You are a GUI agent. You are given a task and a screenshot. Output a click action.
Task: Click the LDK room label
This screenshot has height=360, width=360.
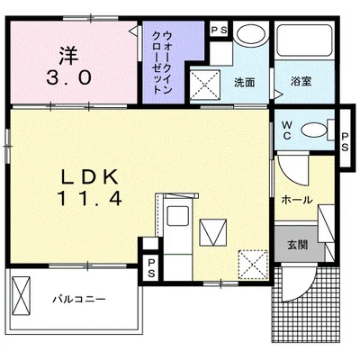(x=89, y=177)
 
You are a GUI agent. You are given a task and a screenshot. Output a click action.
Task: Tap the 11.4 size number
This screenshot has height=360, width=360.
(x=91, y=198)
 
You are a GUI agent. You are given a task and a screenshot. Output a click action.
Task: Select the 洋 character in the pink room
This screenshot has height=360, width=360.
(x=68, y=56)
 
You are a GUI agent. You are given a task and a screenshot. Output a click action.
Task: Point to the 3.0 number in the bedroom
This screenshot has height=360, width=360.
(x=68, y=78)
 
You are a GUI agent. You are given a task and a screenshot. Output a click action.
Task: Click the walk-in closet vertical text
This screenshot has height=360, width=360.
(x=163, y=62)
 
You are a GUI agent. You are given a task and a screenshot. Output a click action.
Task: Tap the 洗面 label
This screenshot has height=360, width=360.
(x=245, y=83)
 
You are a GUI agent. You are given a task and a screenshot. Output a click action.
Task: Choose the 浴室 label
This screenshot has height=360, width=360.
(x=301, y=81)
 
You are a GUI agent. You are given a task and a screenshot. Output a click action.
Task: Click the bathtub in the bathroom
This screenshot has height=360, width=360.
(x=304, y=40)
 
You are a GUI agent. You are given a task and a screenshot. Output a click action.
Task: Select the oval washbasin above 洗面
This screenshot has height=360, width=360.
(x=251, y=34)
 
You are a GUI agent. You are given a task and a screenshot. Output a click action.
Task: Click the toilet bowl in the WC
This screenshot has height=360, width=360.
(x=314, y=130)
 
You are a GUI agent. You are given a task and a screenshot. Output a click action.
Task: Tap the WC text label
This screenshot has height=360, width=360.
(x=287, y=130)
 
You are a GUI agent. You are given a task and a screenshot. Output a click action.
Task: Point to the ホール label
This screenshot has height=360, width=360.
(x=297, y=200)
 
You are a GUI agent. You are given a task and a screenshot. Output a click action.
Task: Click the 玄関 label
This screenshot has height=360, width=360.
(x=297, y=245)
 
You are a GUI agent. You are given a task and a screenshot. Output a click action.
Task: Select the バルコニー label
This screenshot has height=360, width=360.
(x=79, y=299)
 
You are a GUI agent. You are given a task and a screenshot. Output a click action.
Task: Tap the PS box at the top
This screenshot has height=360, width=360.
(x=220, y=30)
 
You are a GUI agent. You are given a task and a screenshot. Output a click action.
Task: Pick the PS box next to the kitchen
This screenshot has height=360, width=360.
(x=152, y=268)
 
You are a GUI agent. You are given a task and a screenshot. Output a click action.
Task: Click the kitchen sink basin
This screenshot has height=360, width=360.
(x=178, y=216)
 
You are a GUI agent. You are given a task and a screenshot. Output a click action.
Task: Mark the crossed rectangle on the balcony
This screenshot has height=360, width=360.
(x=22, y=295)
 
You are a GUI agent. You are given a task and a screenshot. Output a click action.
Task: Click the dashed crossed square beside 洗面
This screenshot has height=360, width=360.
(x=206, y=85)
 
